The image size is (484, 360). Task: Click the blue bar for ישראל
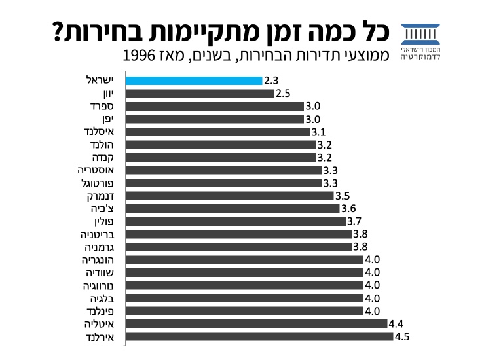tap(193, 81)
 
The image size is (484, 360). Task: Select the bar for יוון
tap(199, 94)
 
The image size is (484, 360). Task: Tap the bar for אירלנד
tap(259, 336)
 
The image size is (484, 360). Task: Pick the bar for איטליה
tap(256, 323)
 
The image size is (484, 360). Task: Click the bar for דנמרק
tap(229, 196)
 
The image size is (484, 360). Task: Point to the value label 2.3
tap(272, 81)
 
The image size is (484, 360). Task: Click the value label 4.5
tap(402, 336)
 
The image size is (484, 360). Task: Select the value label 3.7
tap(355, 221)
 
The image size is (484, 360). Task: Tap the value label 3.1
tap(319, 132)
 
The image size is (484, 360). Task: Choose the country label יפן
tap(107, 118)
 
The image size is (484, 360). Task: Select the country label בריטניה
tap(98, 234)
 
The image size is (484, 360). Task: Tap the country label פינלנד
tap(100, 311)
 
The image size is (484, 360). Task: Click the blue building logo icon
tap(420, 32)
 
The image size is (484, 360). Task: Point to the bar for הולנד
tap(220, 145)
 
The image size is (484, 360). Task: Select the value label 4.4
tap(396, 323)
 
